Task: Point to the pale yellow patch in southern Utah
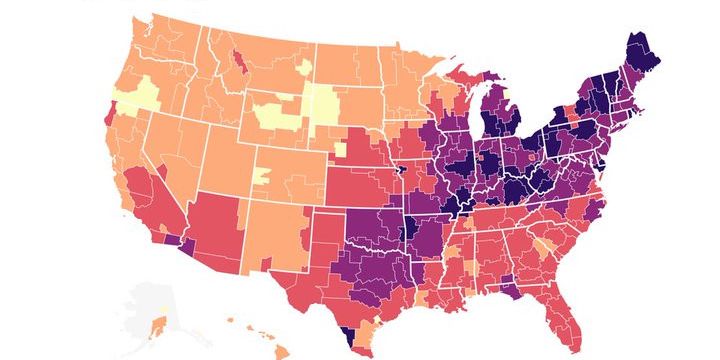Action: (263, 177)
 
